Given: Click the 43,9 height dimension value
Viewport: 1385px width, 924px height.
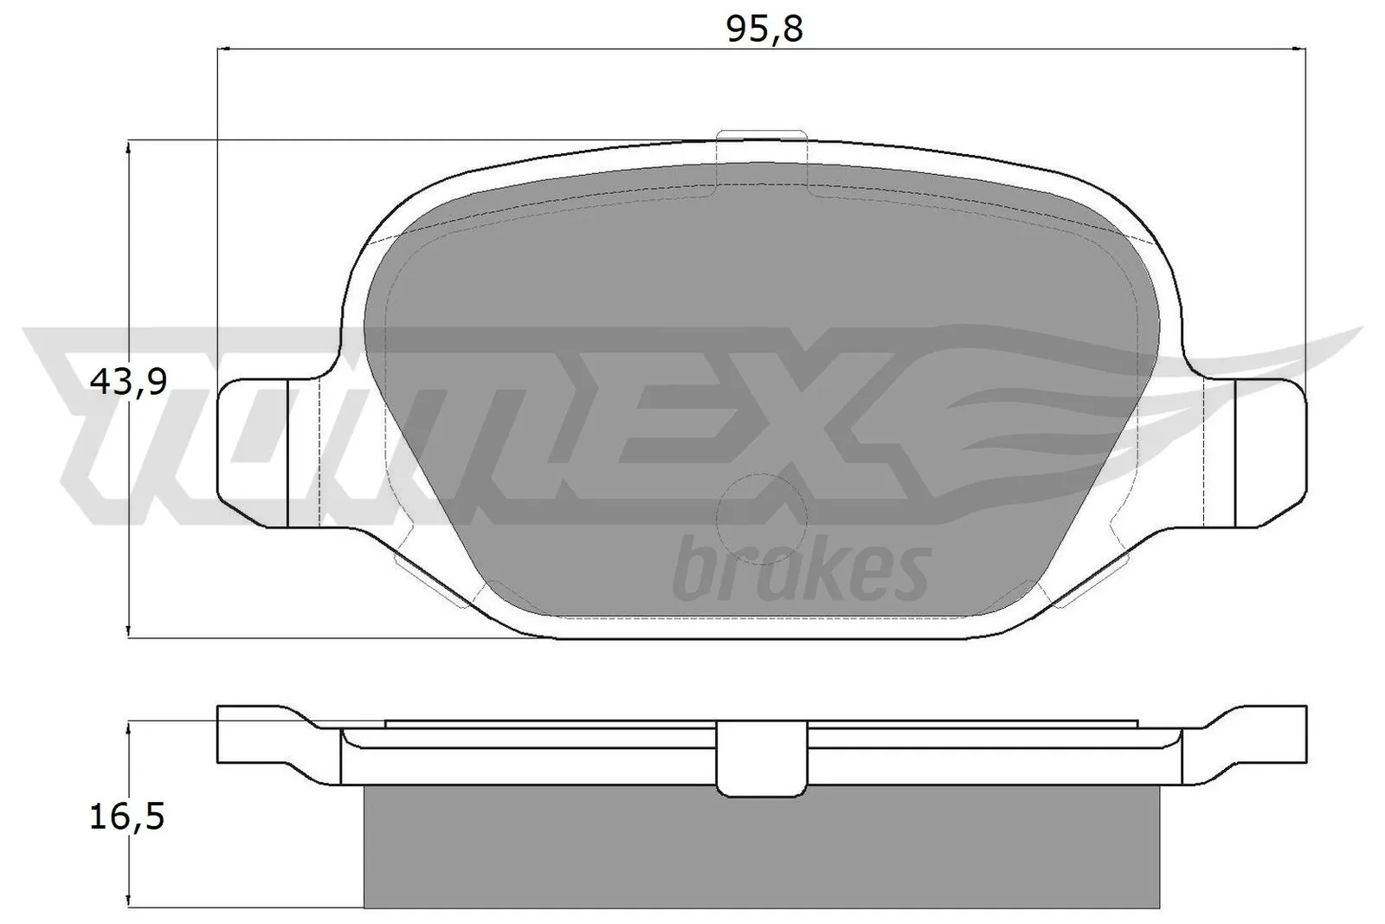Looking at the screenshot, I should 128,381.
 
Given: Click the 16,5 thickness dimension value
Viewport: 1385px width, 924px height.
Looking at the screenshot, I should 127,816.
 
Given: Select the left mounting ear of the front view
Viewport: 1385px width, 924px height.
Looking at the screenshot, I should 253,452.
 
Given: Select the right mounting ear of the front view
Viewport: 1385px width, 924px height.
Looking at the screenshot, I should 1269,452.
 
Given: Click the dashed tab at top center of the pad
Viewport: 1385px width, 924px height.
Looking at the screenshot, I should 762,161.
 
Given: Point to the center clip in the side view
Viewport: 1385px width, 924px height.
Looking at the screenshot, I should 758,759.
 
